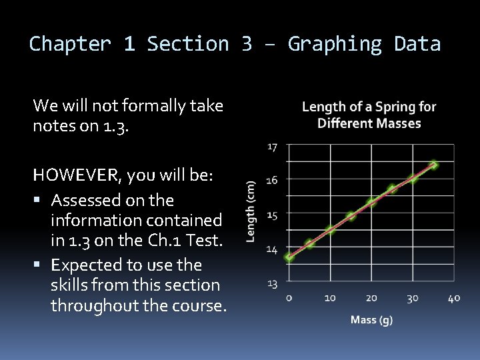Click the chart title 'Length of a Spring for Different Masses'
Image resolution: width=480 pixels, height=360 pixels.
[x=369, y=115]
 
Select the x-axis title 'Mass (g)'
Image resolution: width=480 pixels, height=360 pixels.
[x=371, y=320]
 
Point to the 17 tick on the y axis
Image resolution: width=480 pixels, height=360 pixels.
[x=273, y=147]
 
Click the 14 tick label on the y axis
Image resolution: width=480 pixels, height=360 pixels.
[x=273, y=249]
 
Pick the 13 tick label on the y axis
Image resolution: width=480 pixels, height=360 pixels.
[x=273, y=284]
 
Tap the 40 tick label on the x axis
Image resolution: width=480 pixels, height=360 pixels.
[x=454, y=298]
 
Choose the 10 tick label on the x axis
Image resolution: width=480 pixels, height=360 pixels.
[x=330, y=298]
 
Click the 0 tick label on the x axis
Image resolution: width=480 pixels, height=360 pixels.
[x=289, y=298]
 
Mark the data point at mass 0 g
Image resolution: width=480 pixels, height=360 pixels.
[x=289, y=257]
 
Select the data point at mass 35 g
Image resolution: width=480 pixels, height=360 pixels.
[x=433, y=165]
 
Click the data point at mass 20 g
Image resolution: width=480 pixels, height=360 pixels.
[x=371, y=202]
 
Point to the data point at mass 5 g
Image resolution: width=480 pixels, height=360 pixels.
[x=309, y=244]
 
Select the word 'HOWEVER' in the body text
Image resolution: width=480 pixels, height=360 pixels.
[x=73, y=175]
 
